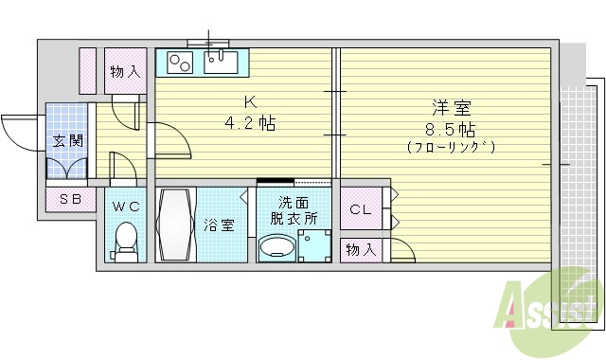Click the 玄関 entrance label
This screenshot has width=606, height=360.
click(67, 142)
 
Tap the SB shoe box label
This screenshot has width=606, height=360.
click(69, 199)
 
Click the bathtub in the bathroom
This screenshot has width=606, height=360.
click(176, 225)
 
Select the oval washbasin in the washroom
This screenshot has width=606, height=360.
click(277, 248)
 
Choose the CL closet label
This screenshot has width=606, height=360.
click(361, 209)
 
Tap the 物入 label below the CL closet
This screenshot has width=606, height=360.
click(360, 249)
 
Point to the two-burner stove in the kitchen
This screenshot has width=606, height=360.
click(180, 63)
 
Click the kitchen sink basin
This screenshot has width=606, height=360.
click(221, 63)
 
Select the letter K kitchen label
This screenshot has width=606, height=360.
click(250, 101)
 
